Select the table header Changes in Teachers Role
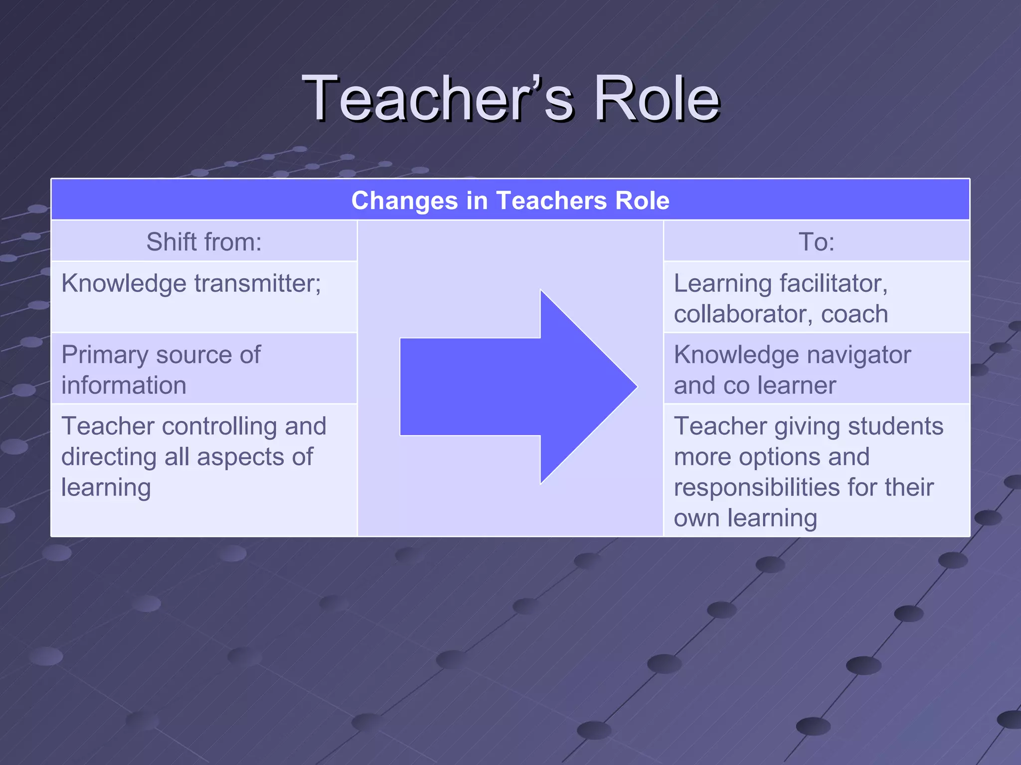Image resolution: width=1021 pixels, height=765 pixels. [x=510, y=201]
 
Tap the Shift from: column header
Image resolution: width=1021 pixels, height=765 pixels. [x=204, y=242]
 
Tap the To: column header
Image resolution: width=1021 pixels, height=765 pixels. [x=816, y=242]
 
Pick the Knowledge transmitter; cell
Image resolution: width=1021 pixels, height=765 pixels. [x=191, y=284]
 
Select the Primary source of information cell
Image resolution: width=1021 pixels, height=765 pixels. [x=161, y=370]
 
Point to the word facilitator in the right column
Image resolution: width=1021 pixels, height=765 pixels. [x=834, y=284]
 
